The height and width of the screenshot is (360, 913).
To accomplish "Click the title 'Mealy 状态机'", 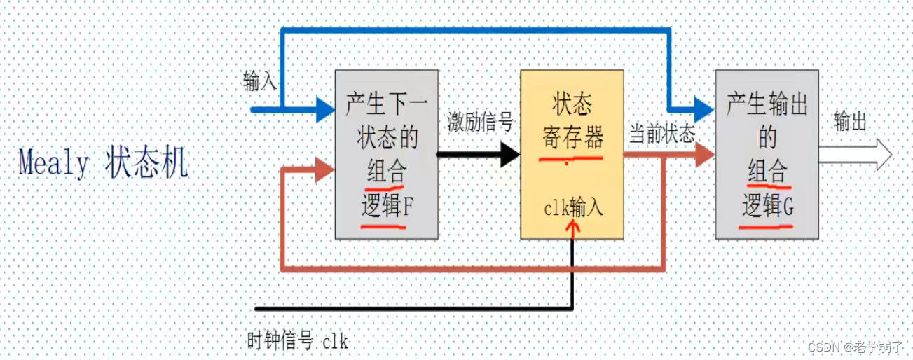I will (102, 164).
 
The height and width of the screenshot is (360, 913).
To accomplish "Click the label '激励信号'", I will (481, 123).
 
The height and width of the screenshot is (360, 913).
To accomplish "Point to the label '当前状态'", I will (661, 134).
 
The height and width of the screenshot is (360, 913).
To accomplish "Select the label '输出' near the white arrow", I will (850, 123).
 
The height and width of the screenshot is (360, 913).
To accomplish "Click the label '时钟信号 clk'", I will (298, 342).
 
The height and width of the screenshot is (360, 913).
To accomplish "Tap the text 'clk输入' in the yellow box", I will (572, 209).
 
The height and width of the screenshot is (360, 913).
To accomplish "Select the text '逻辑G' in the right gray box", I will (767, 207).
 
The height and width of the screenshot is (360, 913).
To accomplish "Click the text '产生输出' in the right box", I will (767, 106).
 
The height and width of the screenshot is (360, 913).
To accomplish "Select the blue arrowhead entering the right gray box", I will (703, 109).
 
